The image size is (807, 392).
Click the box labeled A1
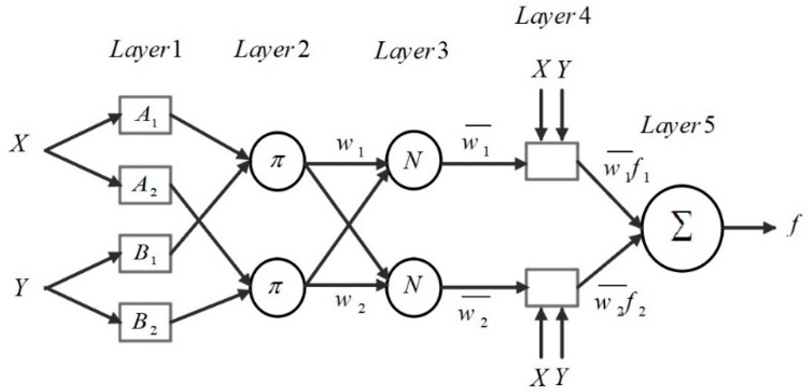pos(145,115)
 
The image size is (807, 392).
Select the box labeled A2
pos(145,185)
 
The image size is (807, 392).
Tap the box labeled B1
pos(145,253)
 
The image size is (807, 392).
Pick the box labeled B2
pos(145,322)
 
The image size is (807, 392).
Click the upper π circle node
pos(278,161)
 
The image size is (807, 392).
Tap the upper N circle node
pos(414,161)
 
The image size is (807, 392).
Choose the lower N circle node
pos(414,286)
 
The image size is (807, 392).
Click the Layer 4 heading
pos(553,16)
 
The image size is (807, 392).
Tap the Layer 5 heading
pos(678,126)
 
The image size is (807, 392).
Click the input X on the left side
pos(19,144)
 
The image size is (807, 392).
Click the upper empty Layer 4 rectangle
pos(551,161)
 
